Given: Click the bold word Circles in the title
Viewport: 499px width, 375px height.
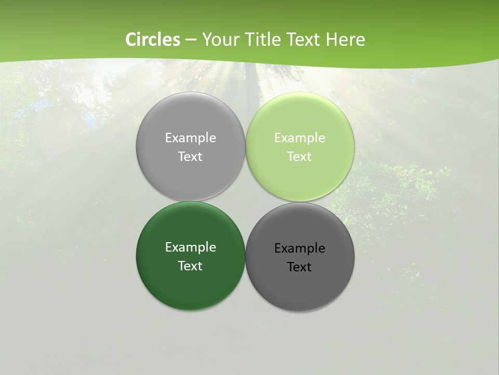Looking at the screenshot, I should click(153, 40).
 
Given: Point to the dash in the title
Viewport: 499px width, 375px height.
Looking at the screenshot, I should click(191, 40).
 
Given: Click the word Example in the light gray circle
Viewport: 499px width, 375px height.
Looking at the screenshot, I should click(190, 137).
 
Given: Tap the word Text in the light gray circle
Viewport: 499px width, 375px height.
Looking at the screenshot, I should click(190, 156).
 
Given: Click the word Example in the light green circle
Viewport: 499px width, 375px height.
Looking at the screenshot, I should click(299, 137).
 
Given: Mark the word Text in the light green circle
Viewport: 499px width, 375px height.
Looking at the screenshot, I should click(299, 156).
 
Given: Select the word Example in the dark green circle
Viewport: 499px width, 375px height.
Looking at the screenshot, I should click(190, 247).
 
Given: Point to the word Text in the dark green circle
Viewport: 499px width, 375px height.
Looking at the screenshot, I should click(190, 266).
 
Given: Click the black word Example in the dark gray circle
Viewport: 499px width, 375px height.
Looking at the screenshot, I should click(299, 248).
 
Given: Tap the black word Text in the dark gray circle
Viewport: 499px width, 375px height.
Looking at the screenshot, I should click(299, 267).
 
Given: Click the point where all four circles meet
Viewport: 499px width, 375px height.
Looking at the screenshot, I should click(245, 202).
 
